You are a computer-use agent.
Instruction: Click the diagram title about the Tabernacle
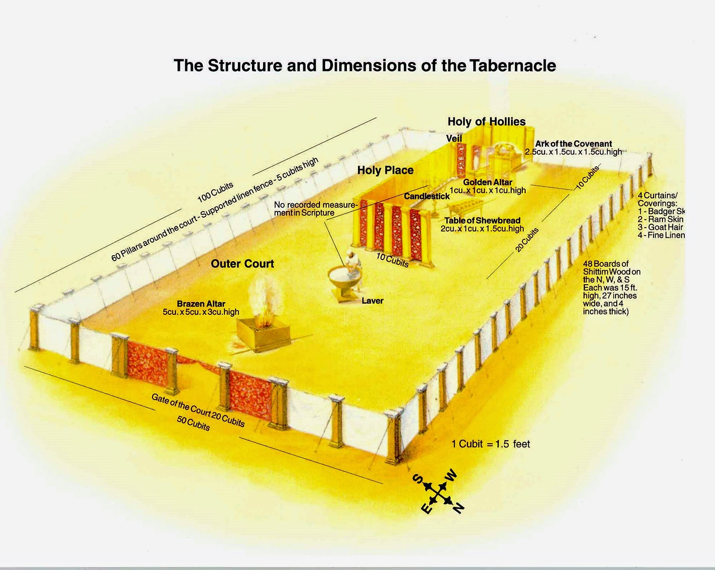point(365,65)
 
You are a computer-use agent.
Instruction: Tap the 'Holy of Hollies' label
point(486,121)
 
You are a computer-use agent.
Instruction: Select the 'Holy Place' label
point(385,170)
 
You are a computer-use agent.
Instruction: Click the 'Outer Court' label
point(242,263)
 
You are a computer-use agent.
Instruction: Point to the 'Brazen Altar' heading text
point(201,304)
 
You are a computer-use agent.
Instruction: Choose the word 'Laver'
point(372,301)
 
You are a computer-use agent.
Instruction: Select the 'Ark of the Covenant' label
point(574,144)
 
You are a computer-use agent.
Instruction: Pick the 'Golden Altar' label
point(487,182)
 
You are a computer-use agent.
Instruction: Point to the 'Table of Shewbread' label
point(482,220)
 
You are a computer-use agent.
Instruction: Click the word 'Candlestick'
point(427,196)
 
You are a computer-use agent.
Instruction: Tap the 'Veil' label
point(454,138)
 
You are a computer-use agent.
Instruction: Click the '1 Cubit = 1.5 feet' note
point(490,444)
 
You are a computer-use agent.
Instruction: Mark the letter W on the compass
point(451,475)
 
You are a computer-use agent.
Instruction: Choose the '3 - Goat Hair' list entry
point(660,227)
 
